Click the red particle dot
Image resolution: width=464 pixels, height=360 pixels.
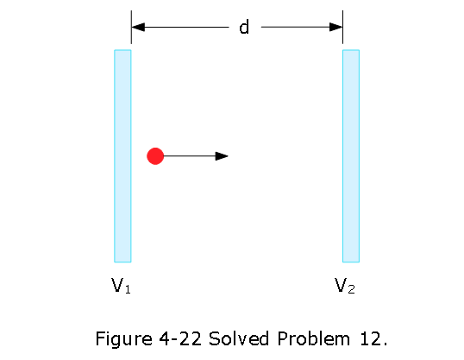pos(155,156)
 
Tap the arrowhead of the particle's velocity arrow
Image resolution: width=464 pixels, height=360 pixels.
pos(222,156)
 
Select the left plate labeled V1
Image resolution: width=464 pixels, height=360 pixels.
pos(122,156)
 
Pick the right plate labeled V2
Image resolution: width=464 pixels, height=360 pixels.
pos(351,156)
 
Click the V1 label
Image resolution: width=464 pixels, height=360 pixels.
pos(121,286)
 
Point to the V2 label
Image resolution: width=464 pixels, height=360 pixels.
pos(345,286)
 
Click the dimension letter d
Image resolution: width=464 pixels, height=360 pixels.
pos(244,27)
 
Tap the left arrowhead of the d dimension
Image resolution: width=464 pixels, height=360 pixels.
pos(138,27)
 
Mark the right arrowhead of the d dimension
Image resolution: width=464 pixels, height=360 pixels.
pos(335,27)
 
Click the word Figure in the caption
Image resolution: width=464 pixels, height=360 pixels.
pos(123,338)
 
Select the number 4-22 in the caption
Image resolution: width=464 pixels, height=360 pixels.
pos(180,338)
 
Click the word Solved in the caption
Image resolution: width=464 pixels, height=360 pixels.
pos(239,338)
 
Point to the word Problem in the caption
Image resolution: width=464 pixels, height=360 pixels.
pos(313,338)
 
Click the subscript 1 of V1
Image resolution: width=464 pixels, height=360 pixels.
pos(128,289)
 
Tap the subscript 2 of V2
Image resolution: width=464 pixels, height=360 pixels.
pos(351,289)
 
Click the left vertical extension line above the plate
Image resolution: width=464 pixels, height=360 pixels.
pos(131,27)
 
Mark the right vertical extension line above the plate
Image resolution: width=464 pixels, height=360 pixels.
pos(342,27)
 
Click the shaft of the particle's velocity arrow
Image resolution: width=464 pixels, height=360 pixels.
pos(190,156)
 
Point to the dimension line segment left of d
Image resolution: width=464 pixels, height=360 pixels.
pos(180,27)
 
